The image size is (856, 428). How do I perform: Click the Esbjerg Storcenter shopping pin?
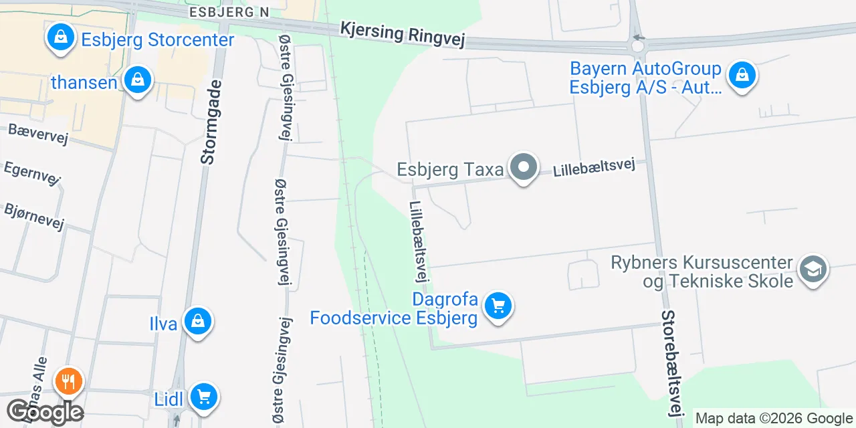tap(61, 37)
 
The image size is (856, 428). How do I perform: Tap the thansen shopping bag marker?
tap(138, 80)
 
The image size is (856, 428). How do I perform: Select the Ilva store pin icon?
tap(197, 322)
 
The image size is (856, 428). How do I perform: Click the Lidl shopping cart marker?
tap(203, 398)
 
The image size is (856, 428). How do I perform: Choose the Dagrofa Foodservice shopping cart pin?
tap(498, 306)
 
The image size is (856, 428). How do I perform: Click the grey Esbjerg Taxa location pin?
tap(524, 167)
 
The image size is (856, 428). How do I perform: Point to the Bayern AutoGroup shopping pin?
tap(742, 75)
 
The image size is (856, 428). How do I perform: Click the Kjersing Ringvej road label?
tap(402, 33)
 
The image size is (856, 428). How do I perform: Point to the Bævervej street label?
tap(38, 134)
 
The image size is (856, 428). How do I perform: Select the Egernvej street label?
tap(32, 172)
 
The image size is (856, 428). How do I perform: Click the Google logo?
tap(44, 411)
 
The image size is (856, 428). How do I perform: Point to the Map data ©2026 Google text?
tap(774, 419)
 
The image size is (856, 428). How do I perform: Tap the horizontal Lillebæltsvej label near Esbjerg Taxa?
tap(593, 167)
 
